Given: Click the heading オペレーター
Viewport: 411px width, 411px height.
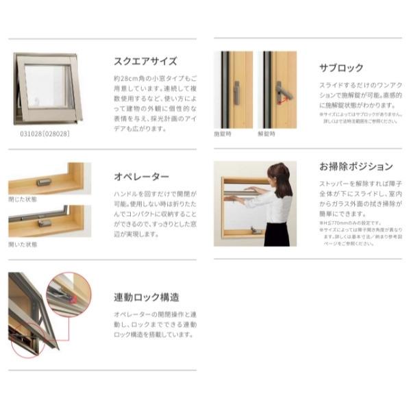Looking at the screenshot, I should [x=140, y=177].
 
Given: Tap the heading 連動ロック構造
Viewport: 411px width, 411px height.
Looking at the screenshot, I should [x=147, y=297].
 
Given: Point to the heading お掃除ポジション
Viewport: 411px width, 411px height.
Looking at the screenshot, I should [x=356, y=166].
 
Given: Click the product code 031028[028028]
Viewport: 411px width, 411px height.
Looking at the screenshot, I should [x=45, y=134].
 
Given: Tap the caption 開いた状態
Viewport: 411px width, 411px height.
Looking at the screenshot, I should [x=23, y=245].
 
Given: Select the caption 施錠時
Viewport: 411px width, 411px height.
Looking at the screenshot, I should [x=223, y=134].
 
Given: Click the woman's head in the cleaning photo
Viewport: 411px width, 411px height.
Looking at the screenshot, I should [x=280, y=173].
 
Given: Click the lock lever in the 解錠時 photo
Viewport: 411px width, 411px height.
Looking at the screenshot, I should [x=282, y=93].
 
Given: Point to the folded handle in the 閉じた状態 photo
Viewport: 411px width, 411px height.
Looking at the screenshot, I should [x=43, y=182].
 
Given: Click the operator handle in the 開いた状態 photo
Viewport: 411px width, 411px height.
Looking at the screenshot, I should [x=45, y=223].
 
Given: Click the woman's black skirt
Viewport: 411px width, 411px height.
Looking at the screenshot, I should [x=277, y=234].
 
